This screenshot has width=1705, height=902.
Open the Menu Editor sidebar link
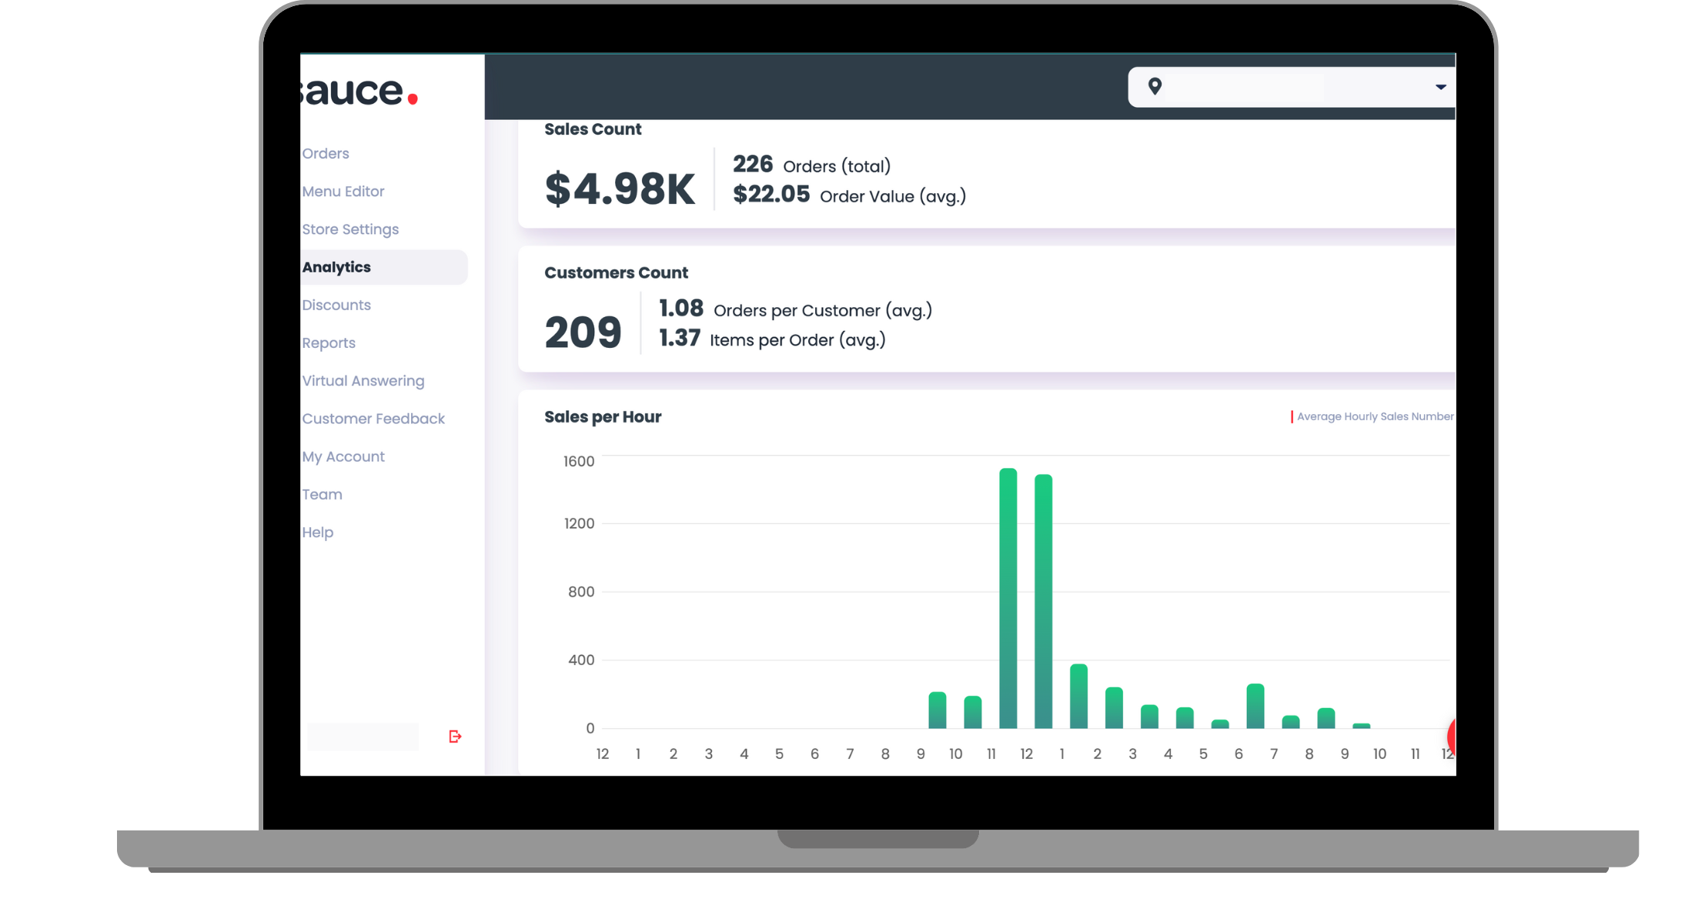coord(343,192)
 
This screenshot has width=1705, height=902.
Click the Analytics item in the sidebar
coord(336,267)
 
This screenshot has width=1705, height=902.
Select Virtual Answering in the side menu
coord(363,381)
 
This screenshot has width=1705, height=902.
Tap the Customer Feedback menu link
coord(373,419)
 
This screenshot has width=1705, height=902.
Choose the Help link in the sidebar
coord(317,533)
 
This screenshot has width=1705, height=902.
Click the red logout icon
coord(455,737)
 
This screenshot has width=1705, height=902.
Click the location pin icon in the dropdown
coord(1155,86)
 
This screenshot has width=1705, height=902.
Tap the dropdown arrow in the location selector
coord(1440,87)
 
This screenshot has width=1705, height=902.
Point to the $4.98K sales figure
coord(619,189)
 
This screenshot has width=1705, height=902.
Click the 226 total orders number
coord(752,165)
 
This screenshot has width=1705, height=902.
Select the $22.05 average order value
coord(771,195)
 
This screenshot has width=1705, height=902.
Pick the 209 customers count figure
coord(583,333)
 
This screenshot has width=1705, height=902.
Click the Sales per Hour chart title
coord(603,417)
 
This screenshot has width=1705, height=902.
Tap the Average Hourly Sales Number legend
coord(1374,416)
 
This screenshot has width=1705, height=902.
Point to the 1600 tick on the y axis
coord(579,462)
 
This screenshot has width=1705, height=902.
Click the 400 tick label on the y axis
coord(580,660)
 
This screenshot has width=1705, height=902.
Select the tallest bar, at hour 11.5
coord(1008,600)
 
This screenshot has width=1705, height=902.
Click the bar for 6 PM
coord(1255,707)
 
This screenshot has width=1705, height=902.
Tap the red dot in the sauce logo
coord(413,99)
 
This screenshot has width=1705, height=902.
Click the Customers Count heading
coord(616,273)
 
